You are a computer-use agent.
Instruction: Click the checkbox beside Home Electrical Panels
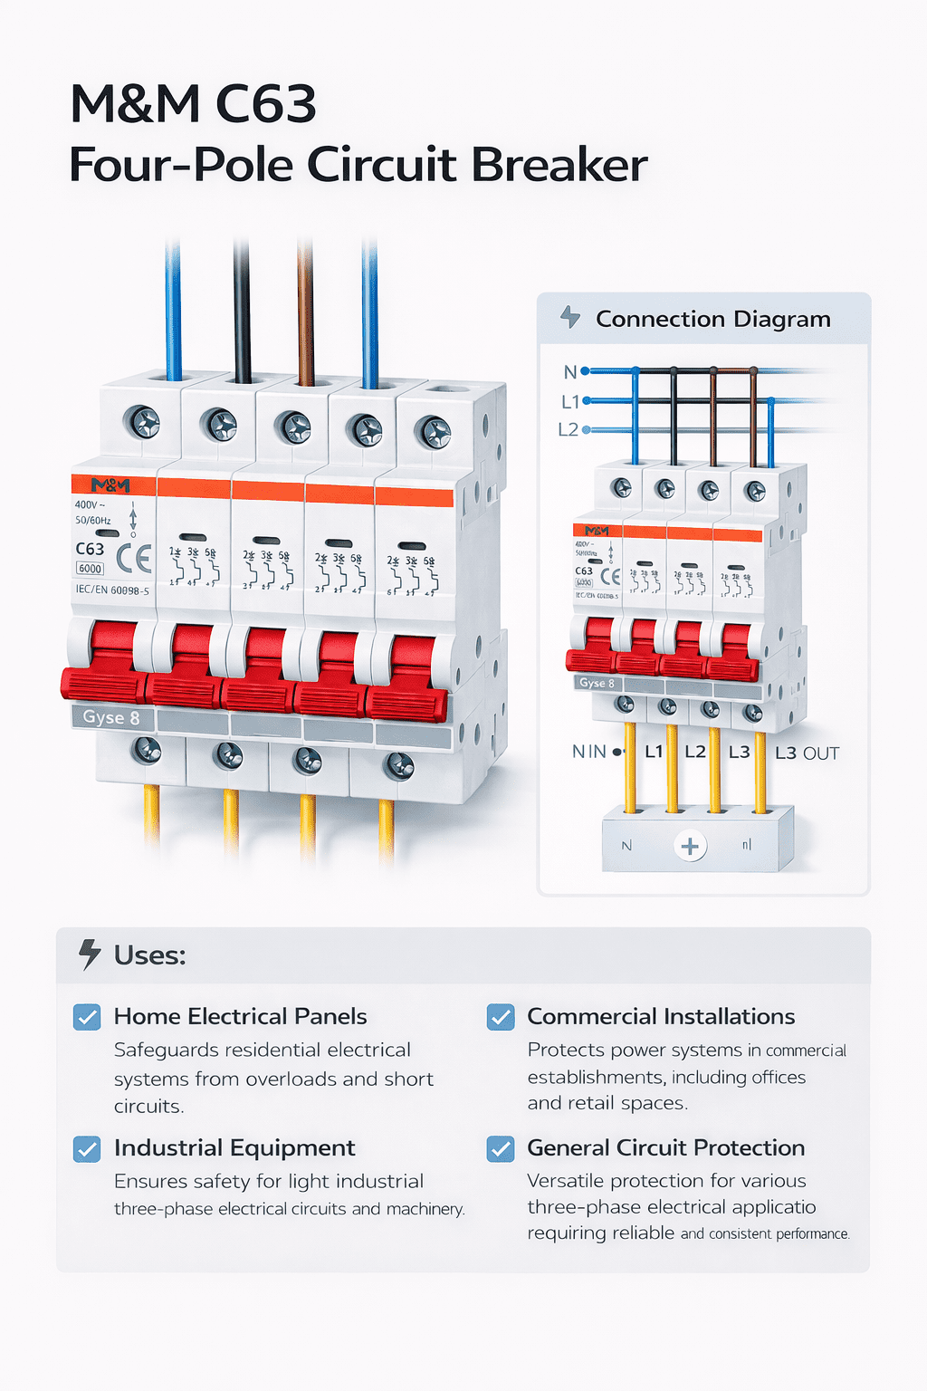(87, 1017)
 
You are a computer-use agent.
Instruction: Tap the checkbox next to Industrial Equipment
(87, 1148)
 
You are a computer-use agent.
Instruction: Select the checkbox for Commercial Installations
(501, 1017)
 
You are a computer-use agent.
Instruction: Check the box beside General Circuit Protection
(501, 1148)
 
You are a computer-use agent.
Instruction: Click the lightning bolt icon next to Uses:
(89, 955)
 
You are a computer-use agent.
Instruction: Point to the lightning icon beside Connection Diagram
(569, 317)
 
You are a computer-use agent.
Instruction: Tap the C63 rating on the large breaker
(90, 549)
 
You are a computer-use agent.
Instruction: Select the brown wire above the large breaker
(305, 312)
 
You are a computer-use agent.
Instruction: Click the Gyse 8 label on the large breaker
(111, 717)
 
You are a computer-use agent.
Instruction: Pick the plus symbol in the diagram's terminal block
(690, 846)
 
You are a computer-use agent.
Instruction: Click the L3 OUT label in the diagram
(807, 753)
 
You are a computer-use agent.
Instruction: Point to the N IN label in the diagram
(589, 752)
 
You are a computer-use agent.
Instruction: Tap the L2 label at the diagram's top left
(569, 429)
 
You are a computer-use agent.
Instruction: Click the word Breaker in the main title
(559, 165)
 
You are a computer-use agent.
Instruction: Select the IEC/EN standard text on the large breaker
(112, 590)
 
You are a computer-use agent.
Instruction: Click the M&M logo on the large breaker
(110, 484)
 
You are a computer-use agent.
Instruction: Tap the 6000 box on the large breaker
(90, 569)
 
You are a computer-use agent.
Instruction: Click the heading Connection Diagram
(712, 319)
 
